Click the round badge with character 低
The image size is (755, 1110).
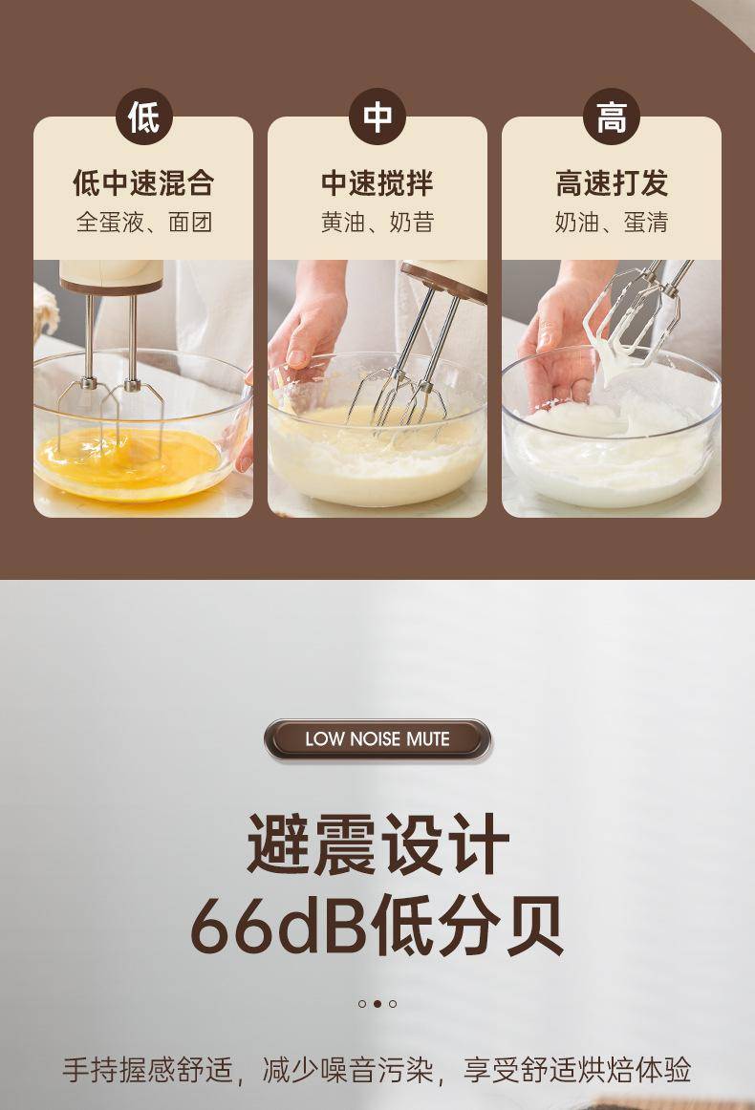[x=143, y=117]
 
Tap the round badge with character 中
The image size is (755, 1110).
[x=377, y=117]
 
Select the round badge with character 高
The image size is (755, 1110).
[x=612, y=117]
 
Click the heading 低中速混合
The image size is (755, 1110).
[x=143, y=183]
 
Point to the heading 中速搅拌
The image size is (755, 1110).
[x=377, y=183]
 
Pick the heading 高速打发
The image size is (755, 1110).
[x=612, y=183]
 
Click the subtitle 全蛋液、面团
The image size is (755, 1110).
[x=143, y=223]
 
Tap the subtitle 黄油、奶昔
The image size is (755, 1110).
[x=377, y=223]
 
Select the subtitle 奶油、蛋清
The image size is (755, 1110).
[x=612, y=223]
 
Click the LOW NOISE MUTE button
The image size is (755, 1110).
[x=377, y=739]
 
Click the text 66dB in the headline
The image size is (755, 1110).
[x=278, y=926]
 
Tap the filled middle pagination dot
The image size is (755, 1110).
[x=377, y=1004]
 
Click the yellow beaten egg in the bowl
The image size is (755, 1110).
[x=127, y=460]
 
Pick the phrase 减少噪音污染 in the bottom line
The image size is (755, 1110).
[x=347, y=1070]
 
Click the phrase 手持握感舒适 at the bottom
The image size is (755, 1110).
[x=147, y=1070]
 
